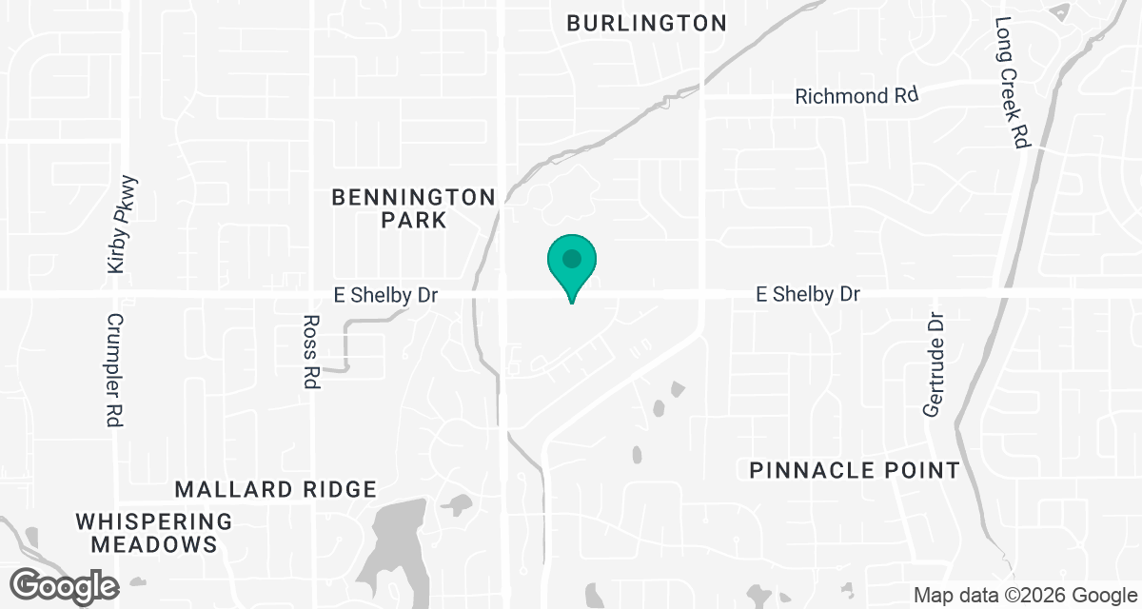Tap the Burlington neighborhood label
646,23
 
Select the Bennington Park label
414,208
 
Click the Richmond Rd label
856,96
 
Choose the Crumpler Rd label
113,370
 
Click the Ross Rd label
311,352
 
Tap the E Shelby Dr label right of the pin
808,295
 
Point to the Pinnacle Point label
854,470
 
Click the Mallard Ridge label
276,490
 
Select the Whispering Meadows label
154,533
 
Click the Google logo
66,584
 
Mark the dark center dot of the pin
571,258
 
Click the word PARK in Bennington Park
414,221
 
